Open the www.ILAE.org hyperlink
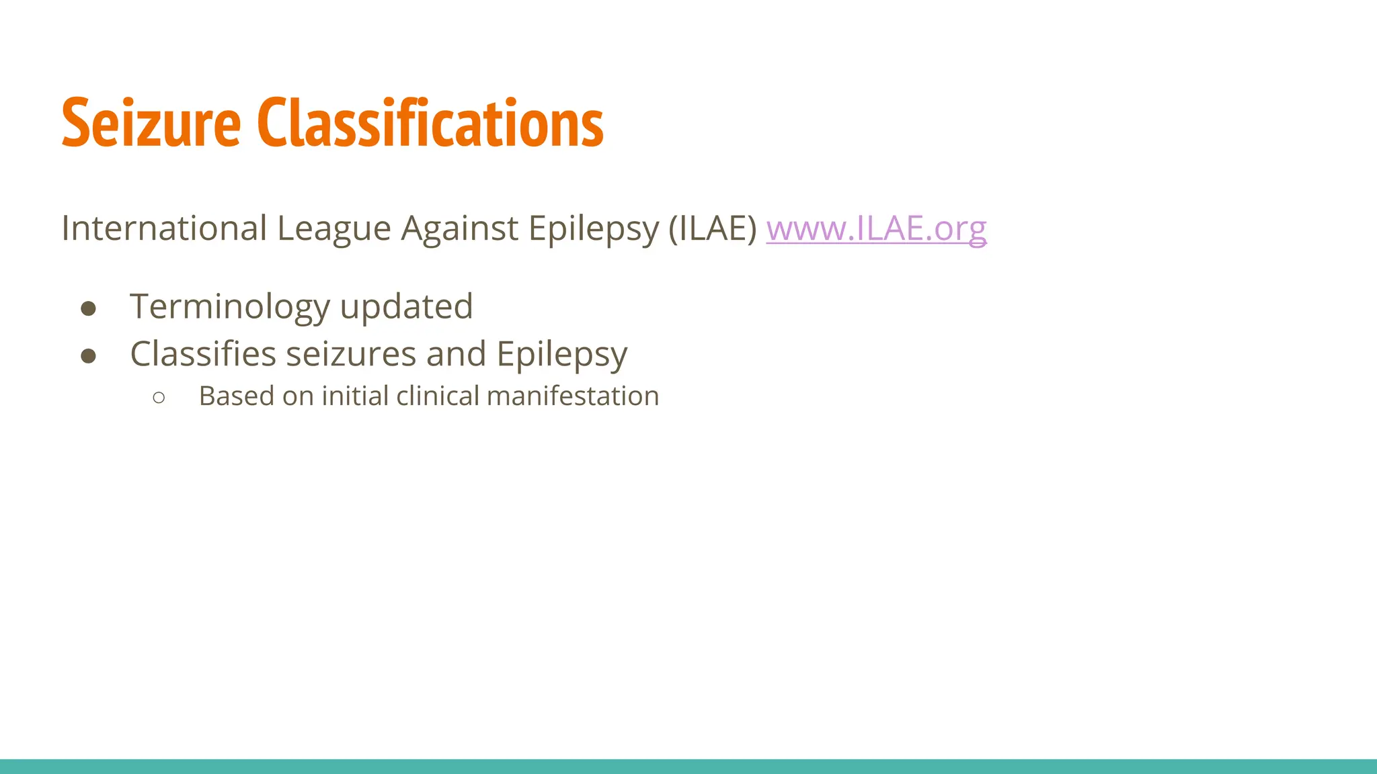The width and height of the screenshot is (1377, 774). (876, 228)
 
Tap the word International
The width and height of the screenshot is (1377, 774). (164, 228)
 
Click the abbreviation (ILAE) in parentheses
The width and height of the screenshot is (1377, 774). (713, 228)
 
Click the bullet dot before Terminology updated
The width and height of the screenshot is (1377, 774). (88, 308)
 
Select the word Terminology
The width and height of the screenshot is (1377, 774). (230, 307)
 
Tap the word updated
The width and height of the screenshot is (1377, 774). (406, 307)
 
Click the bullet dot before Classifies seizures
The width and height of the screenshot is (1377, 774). (88, 355)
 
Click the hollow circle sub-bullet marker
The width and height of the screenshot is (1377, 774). (159, 398)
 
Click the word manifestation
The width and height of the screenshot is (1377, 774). (573, 396)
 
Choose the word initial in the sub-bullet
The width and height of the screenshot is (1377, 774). (355, 396)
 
